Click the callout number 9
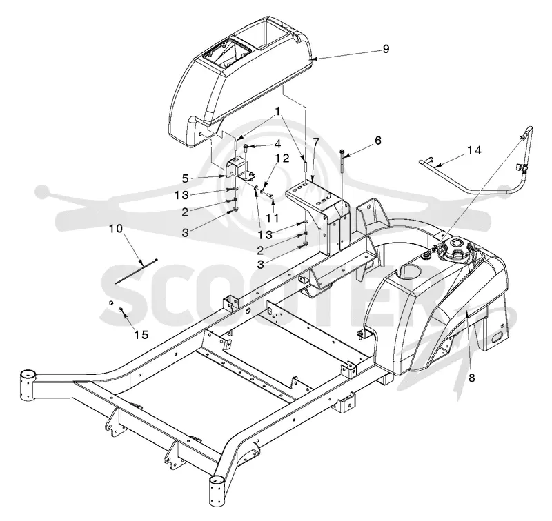(386, 49)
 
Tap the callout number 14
(474, 150)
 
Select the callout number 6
(377, 141)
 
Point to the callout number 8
(472, 378)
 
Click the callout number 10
(116, 229)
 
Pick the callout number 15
(141, 335)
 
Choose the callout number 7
(316, 143)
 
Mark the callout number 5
(186, 178)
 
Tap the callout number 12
(282, 159)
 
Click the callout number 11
(272, 218)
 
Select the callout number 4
(277, 144)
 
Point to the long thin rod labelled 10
(136, 271)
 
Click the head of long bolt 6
(342, 151)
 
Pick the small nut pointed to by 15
(120, 309)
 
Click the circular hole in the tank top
(409, 272)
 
